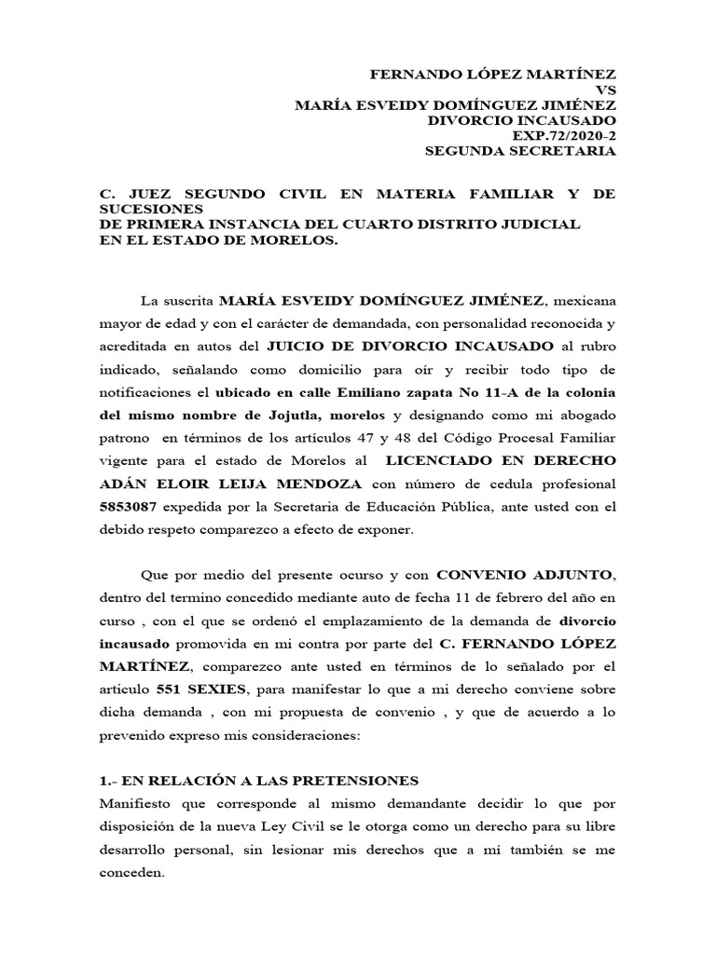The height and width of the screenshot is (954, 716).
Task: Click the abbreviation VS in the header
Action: pos(605,89)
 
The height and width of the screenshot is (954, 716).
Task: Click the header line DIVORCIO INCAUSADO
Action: pos(522,120)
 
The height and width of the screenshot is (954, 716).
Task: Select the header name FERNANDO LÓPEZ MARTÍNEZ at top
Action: pos(494,74)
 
